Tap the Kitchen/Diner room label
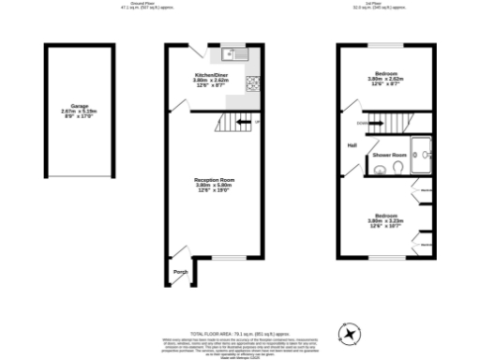(x=212, y=74)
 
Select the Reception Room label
(x=213, y=179)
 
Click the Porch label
(x=180, y=273)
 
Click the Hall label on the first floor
(x=352, y=145)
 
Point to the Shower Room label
(x=388, y=154)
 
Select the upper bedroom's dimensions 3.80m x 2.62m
(x=385, y=80)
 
